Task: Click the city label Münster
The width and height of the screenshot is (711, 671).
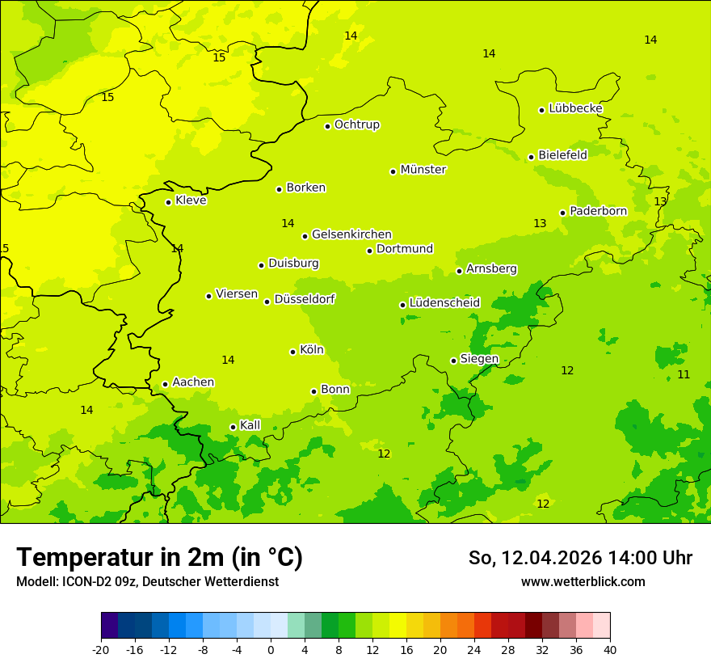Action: [423, 170]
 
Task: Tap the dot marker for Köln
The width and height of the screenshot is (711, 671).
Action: [293, 352]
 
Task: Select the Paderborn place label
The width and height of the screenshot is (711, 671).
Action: [598, 211]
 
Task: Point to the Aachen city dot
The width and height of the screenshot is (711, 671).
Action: [166, 385]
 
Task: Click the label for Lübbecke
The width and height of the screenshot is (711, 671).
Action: [575, 108]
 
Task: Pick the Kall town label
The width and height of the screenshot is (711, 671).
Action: [250, 425]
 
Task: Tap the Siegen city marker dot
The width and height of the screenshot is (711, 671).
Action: [454, 361]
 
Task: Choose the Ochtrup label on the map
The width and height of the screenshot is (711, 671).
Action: [356, 124]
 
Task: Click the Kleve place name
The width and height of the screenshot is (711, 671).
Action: [191, 200]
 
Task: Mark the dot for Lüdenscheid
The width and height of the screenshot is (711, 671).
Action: [403, 305]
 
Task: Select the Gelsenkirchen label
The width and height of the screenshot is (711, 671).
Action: [351, 234]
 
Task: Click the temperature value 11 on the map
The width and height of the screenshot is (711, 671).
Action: [684, 374]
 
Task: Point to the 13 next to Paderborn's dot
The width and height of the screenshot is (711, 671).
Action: [540, 223]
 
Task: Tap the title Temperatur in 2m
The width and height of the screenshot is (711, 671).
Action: [159, 558]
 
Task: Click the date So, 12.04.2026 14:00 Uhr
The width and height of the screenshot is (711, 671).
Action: [580, 558]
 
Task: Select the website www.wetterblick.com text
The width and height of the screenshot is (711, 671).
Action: [583, 581]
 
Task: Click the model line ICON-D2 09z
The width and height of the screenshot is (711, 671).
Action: [147, 581]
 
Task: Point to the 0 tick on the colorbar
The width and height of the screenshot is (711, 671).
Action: [271, 649]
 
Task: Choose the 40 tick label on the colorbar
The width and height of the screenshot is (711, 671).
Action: [610, 649]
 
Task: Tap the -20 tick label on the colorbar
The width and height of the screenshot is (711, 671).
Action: [101, 649]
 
